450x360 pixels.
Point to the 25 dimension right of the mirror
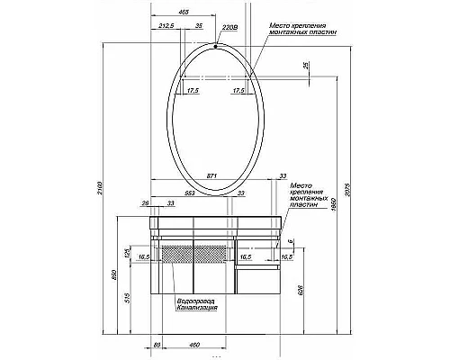click(x=306, y=67)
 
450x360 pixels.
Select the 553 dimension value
click(x=190, y=193)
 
